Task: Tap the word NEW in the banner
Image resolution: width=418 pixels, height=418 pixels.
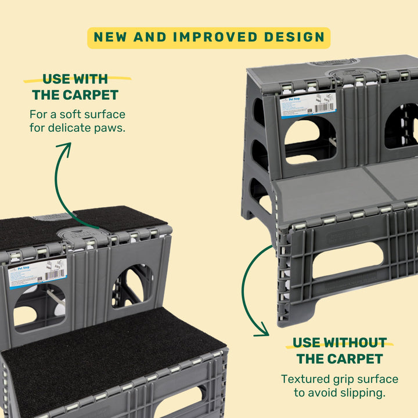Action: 111,37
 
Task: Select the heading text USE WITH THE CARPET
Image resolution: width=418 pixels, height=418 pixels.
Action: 75,87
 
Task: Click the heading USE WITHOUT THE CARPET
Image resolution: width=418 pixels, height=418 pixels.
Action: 338,349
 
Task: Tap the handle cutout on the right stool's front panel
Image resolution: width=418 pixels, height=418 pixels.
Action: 348,261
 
